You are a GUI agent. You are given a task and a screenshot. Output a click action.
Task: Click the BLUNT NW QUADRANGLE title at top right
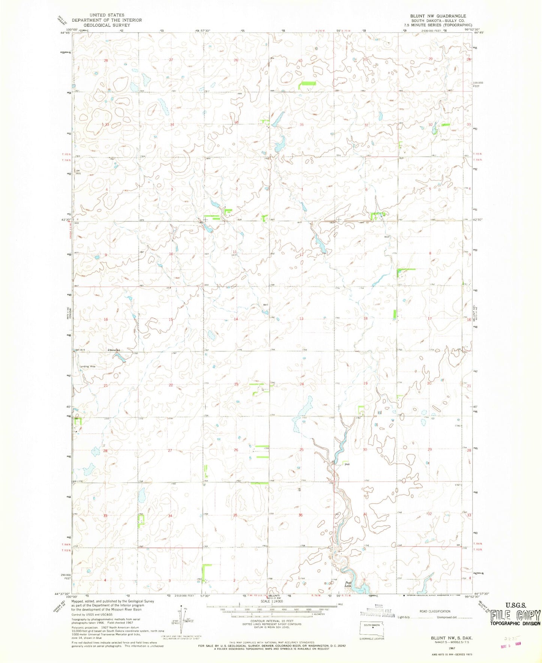click(x=438, y=16)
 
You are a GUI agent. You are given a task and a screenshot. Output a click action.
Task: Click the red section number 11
click(x=234, y=251)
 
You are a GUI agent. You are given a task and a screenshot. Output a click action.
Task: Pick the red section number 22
click(x=171, y=385)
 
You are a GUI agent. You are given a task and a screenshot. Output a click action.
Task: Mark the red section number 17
click(x=430, y=319)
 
